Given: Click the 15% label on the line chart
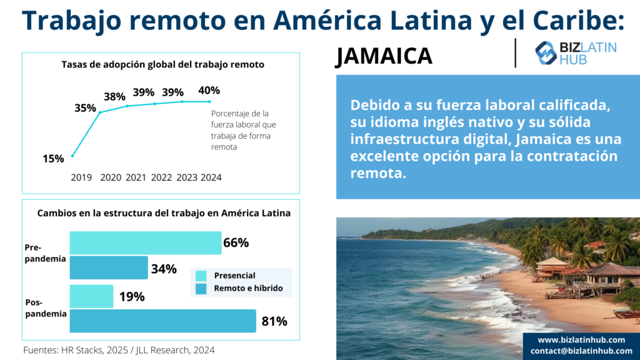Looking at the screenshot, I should [53, 159].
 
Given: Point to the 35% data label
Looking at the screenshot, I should [85, 107].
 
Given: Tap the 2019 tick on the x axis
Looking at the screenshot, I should [81, 177].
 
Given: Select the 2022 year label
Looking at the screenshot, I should [161, 177].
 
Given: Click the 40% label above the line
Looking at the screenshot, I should [209, 90].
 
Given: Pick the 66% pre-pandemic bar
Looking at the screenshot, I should [145, 242].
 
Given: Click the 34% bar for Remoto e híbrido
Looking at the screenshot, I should [108, 267].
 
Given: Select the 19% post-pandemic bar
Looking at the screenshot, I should [91, 296].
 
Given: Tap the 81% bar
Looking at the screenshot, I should [162, 321].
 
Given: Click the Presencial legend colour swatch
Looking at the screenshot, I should [201, 276].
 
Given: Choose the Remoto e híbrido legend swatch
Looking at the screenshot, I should [201, 289].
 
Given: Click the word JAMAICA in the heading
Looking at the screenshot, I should [384, 56].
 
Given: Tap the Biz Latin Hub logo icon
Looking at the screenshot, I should [546, 52].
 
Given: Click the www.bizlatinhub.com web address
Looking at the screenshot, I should [581, 339].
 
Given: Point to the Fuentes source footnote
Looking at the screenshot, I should [119, 350].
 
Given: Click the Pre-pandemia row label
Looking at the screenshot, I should [45, 253].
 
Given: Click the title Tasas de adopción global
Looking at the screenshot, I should [162, 64].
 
